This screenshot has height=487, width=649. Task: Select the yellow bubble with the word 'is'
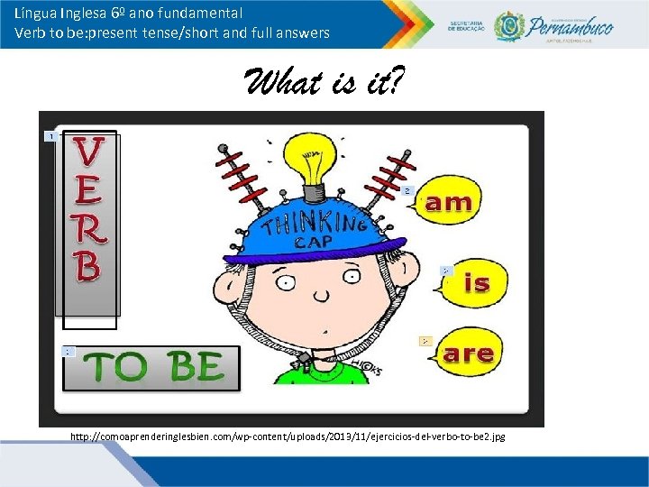[x=476, y=282]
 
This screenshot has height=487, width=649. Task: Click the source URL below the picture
[x=288, y=436]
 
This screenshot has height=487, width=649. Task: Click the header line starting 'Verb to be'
[x=171, y=33]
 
